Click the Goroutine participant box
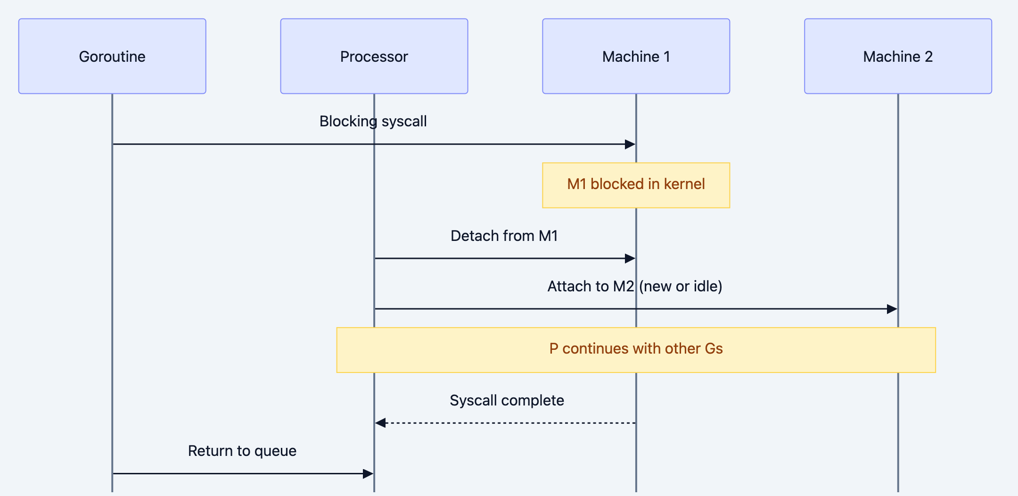(112, 56)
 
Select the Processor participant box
(374, 56)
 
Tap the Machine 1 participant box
(636, 56)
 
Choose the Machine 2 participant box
(898, 56)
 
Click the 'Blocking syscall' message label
(373, 121)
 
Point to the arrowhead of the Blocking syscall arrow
(630, 144)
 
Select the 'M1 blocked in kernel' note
(636, 185)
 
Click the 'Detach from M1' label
(504, 236)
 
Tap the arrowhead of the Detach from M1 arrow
(630, 258)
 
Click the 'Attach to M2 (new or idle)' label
(634, 286)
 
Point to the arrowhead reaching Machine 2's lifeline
(892, 309)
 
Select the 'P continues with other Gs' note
(636, 349)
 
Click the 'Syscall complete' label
(507, 400)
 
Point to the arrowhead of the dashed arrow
(380, 423)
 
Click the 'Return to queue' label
(242, 451)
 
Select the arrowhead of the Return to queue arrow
(368, 473)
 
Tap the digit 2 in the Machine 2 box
(928, 57)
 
